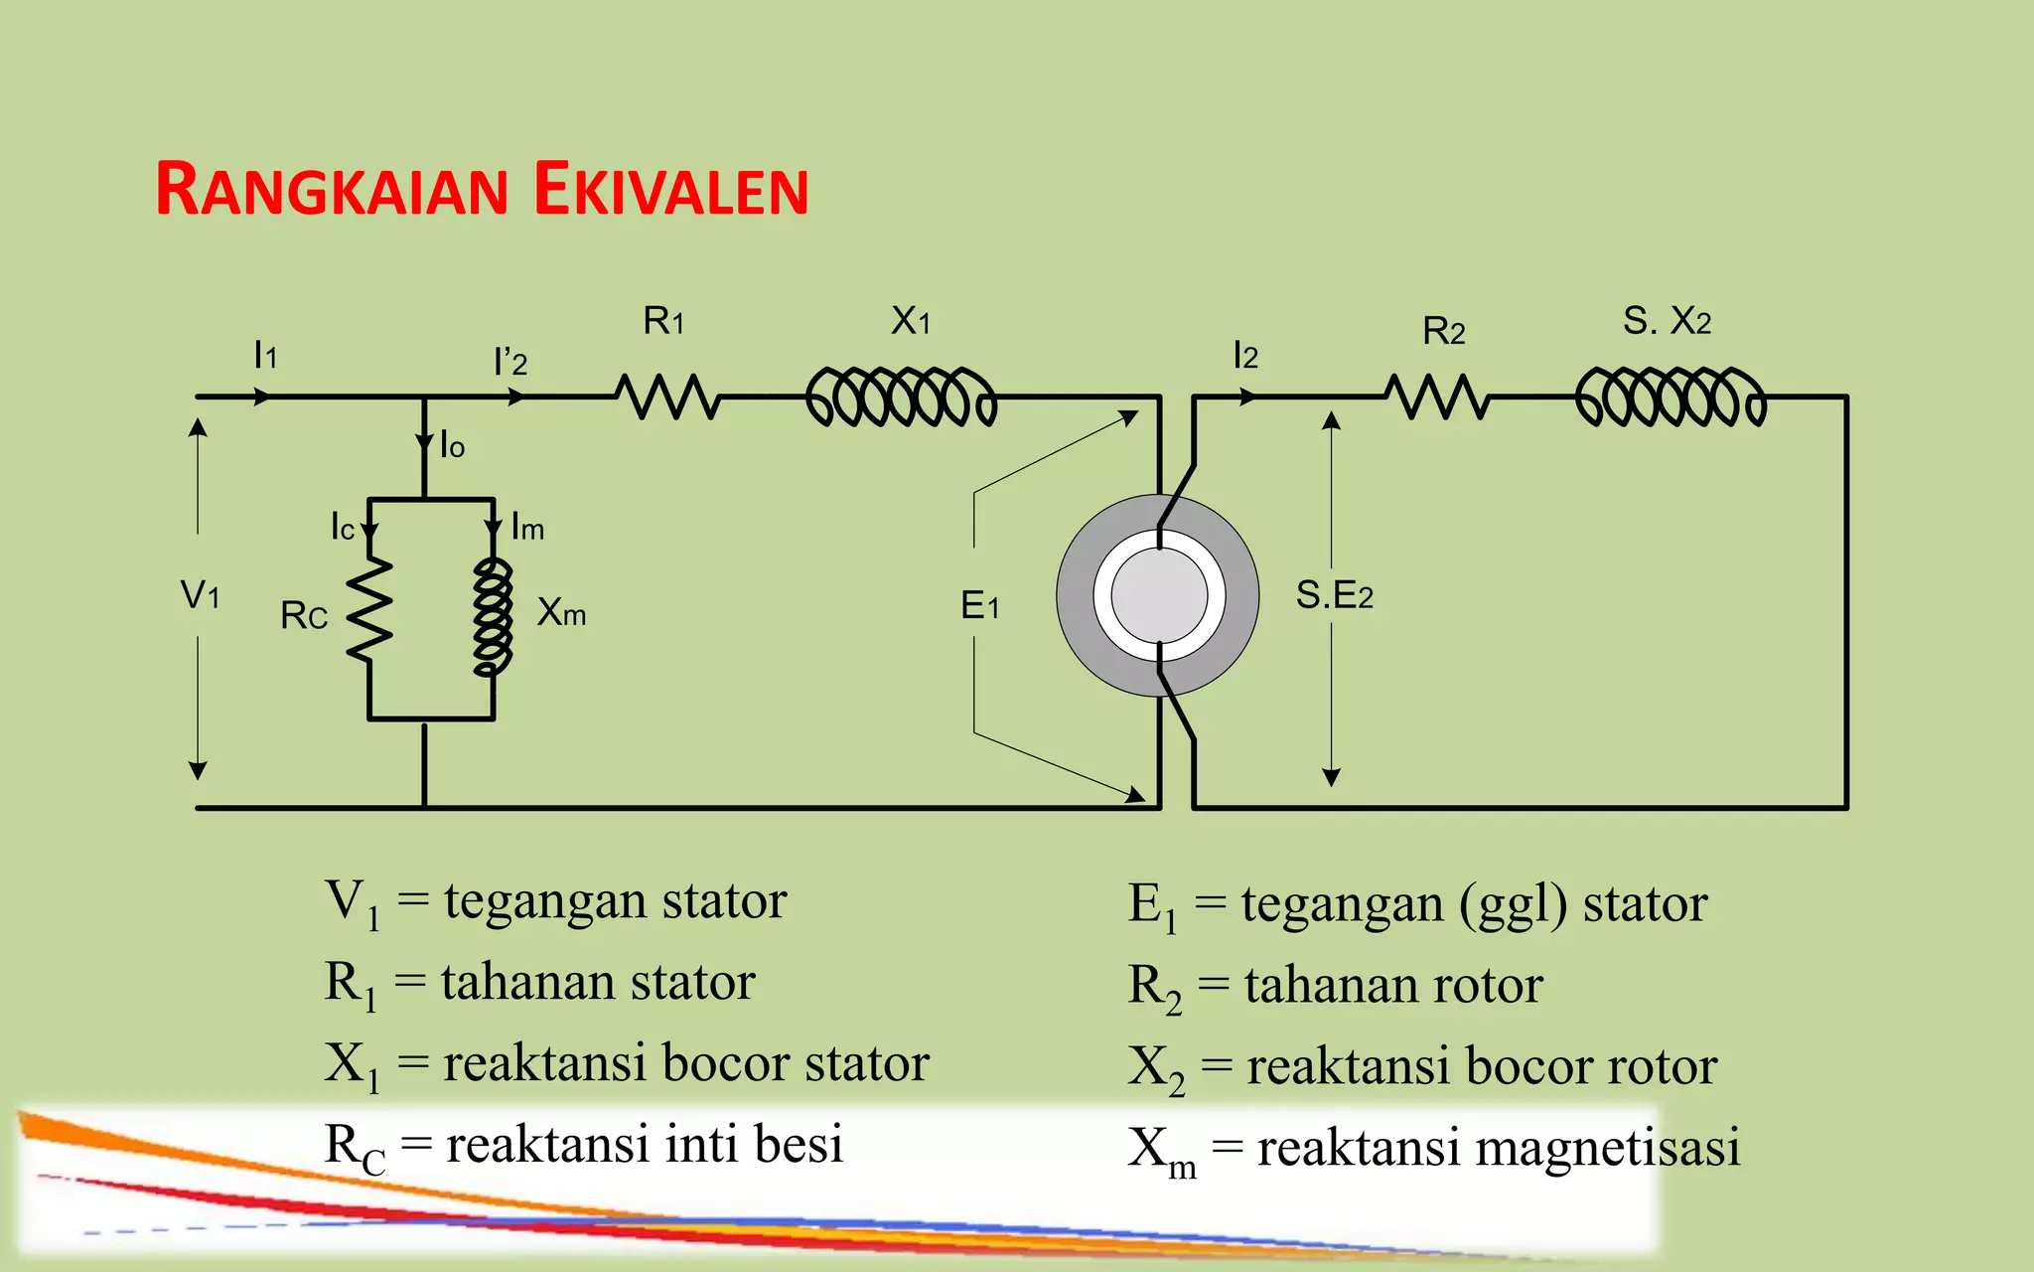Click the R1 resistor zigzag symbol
coord(667,397)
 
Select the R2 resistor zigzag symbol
coord(1437,397)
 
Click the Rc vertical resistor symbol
coord(369,608)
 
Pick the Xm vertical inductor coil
coord(494,616)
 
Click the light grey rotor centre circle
coord(1159,595)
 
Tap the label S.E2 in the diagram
coord(1334,595)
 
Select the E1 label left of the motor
coord(979,605)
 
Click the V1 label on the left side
coord(200,595)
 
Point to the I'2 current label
coord(509,362)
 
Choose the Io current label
coord(452,445)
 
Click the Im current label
coord(527,528)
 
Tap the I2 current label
coord(1244,355)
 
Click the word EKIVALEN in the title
coord(671,190)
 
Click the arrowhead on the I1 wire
coord(262,397)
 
